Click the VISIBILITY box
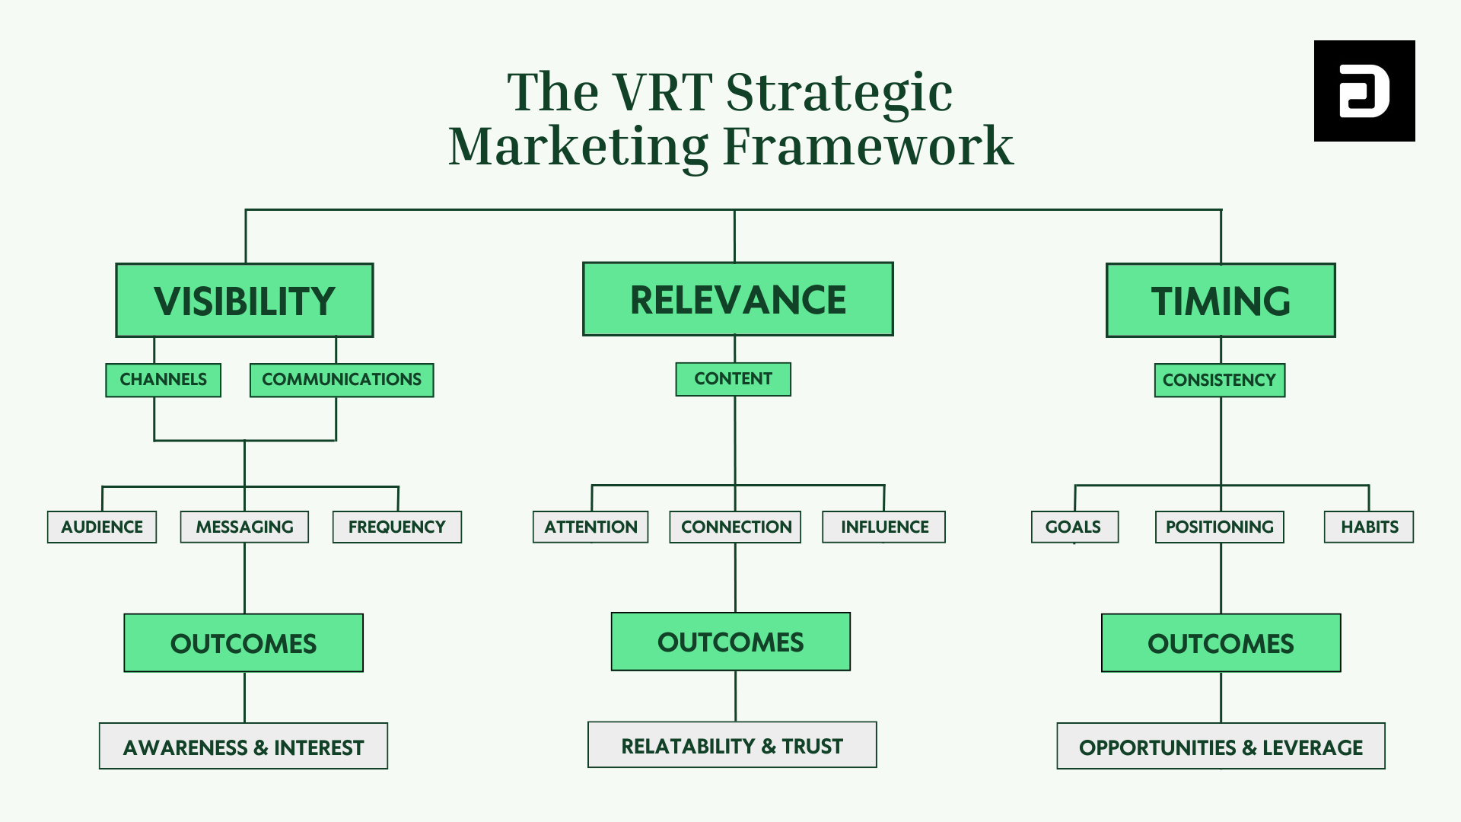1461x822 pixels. (x=244, y=301)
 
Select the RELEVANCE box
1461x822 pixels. (x=737, y=299)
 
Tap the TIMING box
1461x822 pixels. (x=1221, y=301)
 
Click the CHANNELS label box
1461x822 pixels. (x=163, y=380)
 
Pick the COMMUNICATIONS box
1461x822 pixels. (x=342, y=380)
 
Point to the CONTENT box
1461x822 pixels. (x=733, y=379)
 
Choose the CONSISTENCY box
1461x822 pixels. (x=1219, y=380)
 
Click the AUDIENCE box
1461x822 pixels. (x=102, y=527)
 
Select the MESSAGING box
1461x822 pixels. (x=244, y=527)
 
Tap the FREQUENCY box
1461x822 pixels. (x=396, y=527)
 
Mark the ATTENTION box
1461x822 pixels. (x=590, y=527)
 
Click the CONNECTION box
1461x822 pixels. (x=735, y=527)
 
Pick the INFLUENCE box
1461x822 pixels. (x=883, y=527)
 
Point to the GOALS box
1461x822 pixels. (x=1074, y=527)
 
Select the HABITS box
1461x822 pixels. (x=1368, y=527)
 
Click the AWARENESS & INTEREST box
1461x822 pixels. (x=243, y=747)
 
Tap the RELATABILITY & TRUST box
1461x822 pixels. (x=732, y=745)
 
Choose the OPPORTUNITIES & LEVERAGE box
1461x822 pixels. (x=1221, y=747)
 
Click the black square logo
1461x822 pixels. (x=1364, y=91)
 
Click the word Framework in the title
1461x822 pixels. (x=867, y=146)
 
